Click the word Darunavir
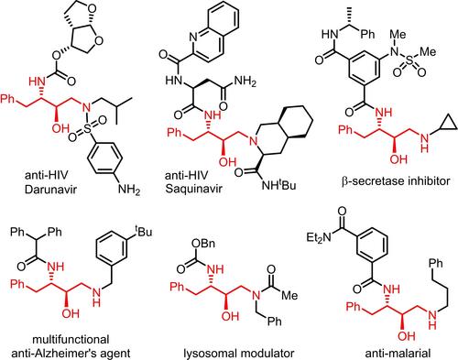click(x=50, y=190)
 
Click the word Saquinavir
click(x=193, y=189)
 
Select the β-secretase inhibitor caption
click(x=396, y=181)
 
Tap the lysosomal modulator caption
click(x=239, y=354)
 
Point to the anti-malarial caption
click(x=398, y=354)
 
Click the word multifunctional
click(x=71, y=339)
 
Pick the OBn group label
click(x=203, y=244)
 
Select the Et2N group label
click(x=319, y=237)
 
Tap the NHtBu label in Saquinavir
click(x=279, y=184)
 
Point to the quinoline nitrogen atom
click(x=193, y=37)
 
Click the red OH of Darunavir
click(x=60, y=128)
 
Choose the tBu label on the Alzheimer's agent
click(x=144, y=231)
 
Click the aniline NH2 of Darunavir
click(x=129, y=190)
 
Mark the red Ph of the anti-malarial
click(x=354, y=306)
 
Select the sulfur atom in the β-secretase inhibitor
click(x=409, y=60)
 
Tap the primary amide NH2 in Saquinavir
click(x=245, y=82)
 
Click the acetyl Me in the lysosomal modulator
click(x=289, y=295)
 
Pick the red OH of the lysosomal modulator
click(x=230, y=316)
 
